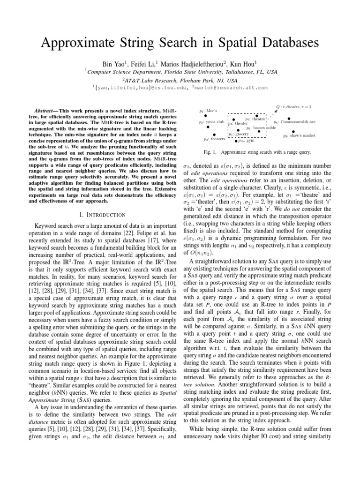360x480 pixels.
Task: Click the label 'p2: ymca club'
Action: tap(211, 122)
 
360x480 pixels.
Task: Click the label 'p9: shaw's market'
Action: tap(299, 136)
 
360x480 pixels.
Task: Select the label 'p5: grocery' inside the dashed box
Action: tap(238, 134)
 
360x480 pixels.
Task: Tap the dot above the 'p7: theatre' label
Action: tap(257, 115)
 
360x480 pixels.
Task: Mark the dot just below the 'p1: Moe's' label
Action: tap(200, 116)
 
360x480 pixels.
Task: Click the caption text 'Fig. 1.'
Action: tap(206, 152)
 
